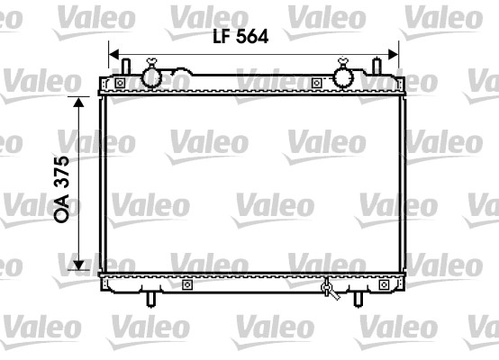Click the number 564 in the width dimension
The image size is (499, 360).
[250, 36]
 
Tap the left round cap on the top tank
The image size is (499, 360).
[152, 76]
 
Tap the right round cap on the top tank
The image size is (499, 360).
[343, 76]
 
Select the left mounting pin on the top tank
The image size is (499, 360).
[127, 68]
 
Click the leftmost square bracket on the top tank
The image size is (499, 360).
[120, 84]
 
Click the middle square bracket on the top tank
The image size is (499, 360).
[316, 84]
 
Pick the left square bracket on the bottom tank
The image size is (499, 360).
[186, 285]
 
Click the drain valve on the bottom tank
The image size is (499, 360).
[329, 290]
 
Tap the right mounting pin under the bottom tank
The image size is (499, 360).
[357, 299]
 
